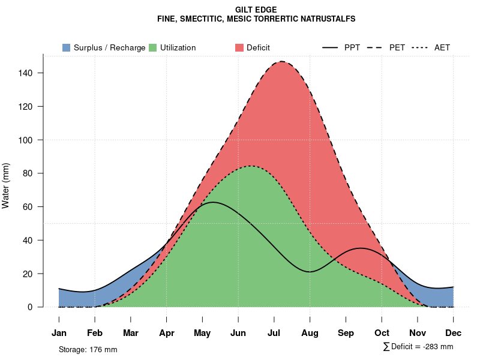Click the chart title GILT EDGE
(256, 10)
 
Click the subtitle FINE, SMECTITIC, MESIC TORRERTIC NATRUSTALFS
(256, 19)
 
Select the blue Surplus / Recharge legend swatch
(67, 47)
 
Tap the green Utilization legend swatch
(153, 47)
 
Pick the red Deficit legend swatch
(239, 47)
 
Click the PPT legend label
(352, 47)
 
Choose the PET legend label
(397, 47)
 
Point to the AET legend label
(442, 47)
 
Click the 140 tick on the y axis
(29, 73)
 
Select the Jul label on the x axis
(274, 333)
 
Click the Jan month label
(59, 333)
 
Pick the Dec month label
(454, 333)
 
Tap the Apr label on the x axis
(167, 333)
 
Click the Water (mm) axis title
(6, 185)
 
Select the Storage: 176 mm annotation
(88, 349)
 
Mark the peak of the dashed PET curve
(281, 61)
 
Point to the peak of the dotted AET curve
(250, 166)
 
